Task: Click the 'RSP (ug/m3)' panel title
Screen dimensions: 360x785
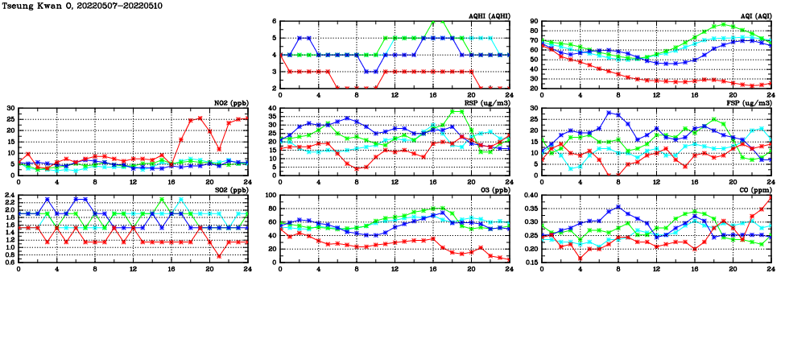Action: [x=487, y=103]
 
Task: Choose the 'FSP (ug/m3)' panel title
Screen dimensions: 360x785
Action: [x=749, y=103]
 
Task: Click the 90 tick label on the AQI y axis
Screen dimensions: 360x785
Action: [x=532, y=22]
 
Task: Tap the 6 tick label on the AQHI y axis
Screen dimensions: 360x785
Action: [x=273, y=22]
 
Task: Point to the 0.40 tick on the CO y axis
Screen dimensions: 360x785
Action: [x=528, y=196]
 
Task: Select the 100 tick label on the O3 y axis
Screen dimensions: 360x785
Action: [x=269, y=196]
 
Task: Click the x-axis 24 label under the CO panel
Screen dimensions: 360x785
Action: [x=771, y=266]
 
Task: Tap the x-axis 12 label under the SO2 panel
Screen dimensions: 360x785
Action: [x=134, y=266]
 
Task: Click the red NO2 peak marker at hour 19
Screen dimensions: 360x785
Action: [x=200, y=118]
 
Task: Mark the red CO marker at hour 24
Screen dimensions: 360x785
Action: [x=771, y=197]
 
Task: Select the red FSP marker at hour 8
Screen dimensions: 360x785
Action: [x=618, y=175]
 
